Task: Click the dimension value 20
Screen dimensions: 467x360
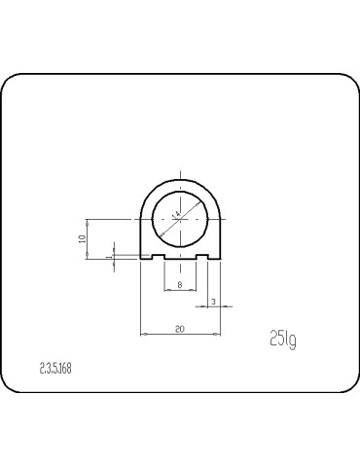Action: click(x=180, y=329)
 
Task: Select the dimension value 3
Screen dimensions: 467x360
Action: click(x=213, y=301)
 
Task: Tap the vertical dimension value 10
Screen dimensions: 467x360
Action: click(x=84, y=237)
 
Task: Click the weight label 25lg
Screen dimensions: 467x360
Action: click(x=282, y=339)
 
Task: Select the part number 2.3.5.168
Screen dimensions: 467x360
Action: click(x=55, y=369)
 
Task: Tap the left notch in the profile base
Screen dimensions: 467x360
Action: click(x=158, y=257)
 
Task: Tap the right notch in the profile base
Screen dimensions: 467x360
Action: click(x=203, y=257)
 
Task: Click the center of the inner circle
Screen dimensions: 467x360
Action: click(x=181, y=218)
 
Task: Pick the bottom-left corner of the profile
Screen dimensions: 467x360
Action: click(x=141, y=259)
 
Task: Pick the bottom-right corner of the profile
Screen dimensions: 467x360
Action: click(x=221, y=259)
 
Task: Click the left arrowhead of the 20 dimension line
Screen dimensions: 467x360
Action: click(x=144, y=335)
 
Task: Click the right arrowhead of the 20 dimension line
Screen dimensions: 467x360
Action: click(x=218, y=335)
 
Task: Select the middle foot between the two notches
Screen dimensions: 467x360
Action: click(x=181, y=258)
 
